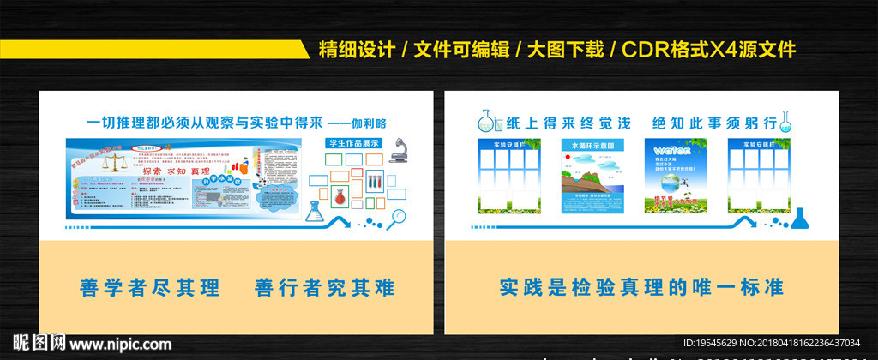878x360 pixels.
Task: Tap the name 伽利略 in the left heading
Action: pos(370,123)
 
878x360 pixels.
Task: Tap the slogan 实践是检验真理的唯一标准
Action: pos(641,287)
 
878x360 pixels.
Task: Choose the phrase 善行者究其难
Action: pos(324,287)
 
